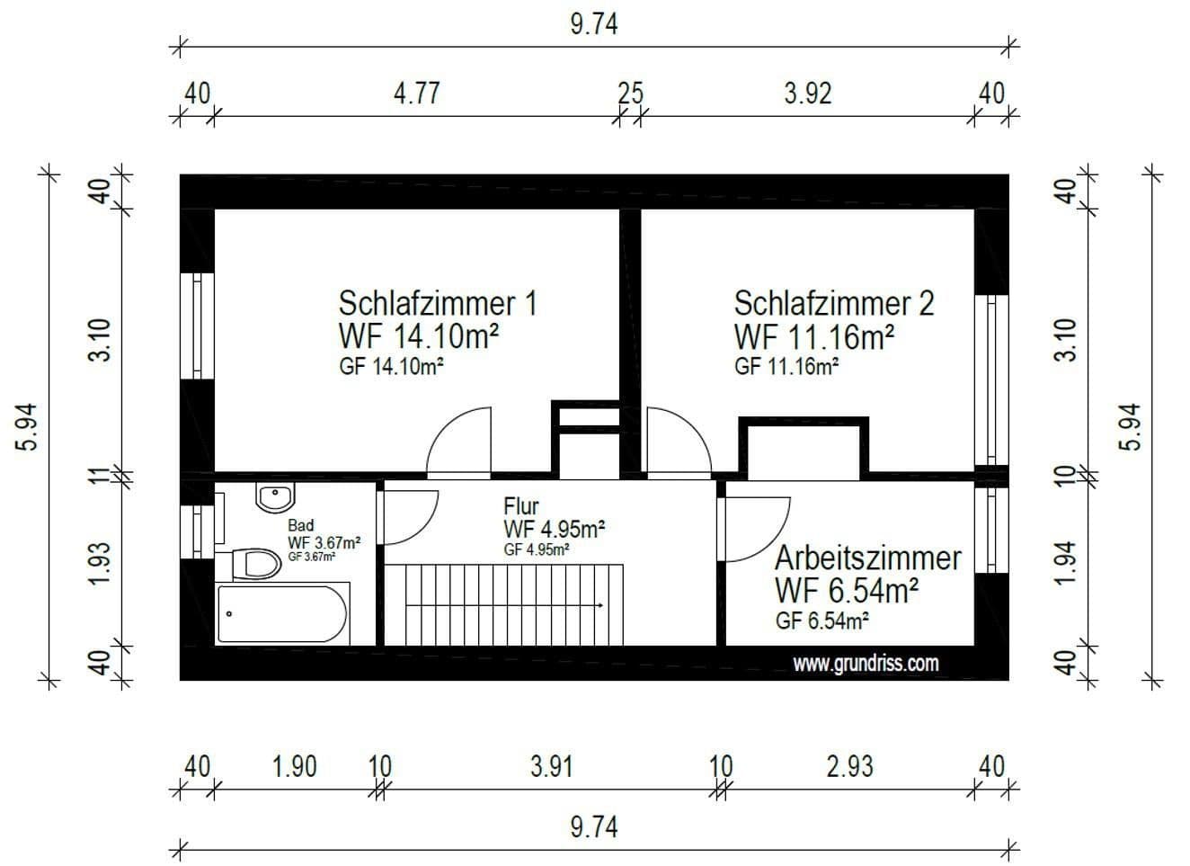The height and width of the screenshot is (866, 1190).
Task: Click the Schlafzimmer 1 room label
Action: pyautogui.click(x=437, y=303)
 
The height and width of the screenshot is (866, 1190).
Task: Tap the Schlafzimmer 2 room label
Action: pyautogui.click(x=834, y=303)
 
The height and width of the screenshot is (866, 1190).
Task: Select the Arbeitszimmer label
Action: pyautogui.click(x=867, y=558)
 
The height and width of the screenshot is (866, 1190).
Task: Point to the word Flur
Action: pyautogui.click(x=520, y=506)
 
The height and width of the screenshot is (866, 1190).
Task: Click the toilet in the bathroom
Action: pyautogui.click(x=255, y=565)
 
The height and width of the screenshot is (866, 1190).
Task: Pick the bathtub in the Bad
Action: pyautogui.click(x=281, y=614)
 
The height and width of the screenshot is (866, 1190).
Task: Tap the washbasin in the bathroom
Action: pyautogui.click(x=274, y=496)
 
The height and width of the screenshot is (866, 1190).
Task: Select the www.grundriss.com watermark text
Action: pyautogui.click(x=866, y=664)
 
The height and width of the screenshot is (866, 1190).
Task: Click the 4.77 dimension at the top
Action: pyautogui.click(x=416, y=93)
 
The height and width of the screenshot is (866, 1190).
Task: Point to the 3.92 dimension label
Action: pyautogui.click(x=807, y=93)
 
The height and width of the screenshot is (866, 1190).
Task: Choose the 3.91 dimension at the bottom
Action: pyautogui.click(x=550, y=767)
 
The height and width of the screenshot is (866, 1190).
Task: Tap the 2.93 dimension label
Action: pyautogui.click(x=849, y=767)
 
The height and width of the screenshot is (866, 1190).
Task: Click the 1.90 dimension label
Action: pyautogui.click(x=294, y=767)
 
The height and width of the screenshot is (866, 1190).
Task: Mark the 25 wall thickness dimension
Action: pyautogui.click(x=631, y=93)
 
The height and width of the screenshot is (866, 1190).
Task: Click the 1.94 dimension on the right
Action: pyautogui.click(x=1065, y=563)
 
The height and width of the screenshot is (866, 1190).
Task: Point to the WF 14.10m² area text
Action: pyautogui.click(x=419, y=336)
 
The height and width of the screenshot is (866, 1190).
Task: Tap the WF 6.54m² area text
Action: pyautogui.click(x=846, y=591)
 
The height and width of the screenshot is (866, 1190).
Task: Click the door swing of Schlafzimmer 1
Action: pyautogui.click(x=462, y=441)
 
